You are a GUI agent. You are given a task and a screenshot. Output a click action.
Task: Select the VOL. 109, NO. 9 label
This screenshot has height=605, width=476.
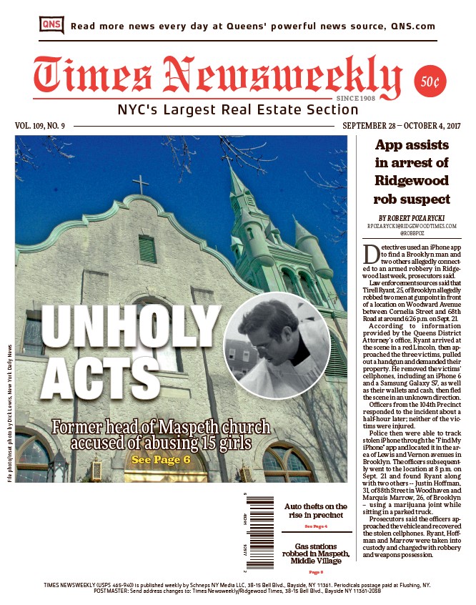pos(40,126)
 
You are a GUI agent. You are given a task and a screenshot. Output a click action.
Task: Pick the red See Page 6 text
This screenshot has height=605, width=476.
pos(162,459)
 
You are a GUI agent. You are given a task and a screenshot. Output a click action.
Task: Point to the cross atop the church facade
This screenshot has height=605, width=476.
pos(142,185)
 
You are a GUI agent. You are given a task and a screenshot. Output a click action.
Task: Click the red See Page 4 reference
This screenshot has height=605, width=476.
pos(316,526)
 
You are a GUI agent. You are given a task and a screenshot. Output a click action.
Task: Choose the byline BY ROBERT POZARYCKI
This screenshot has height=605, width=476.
pos(412,217)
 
